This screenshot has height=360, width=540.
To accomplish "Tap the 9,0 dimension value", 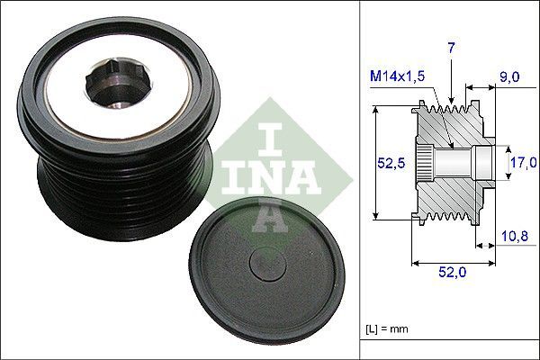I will point(508,78).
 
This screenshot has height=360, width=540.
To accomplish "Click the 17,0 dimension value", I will point(523,163).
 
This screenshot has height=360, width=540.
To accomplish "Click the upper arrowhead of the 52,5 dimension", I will point(373,111).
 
